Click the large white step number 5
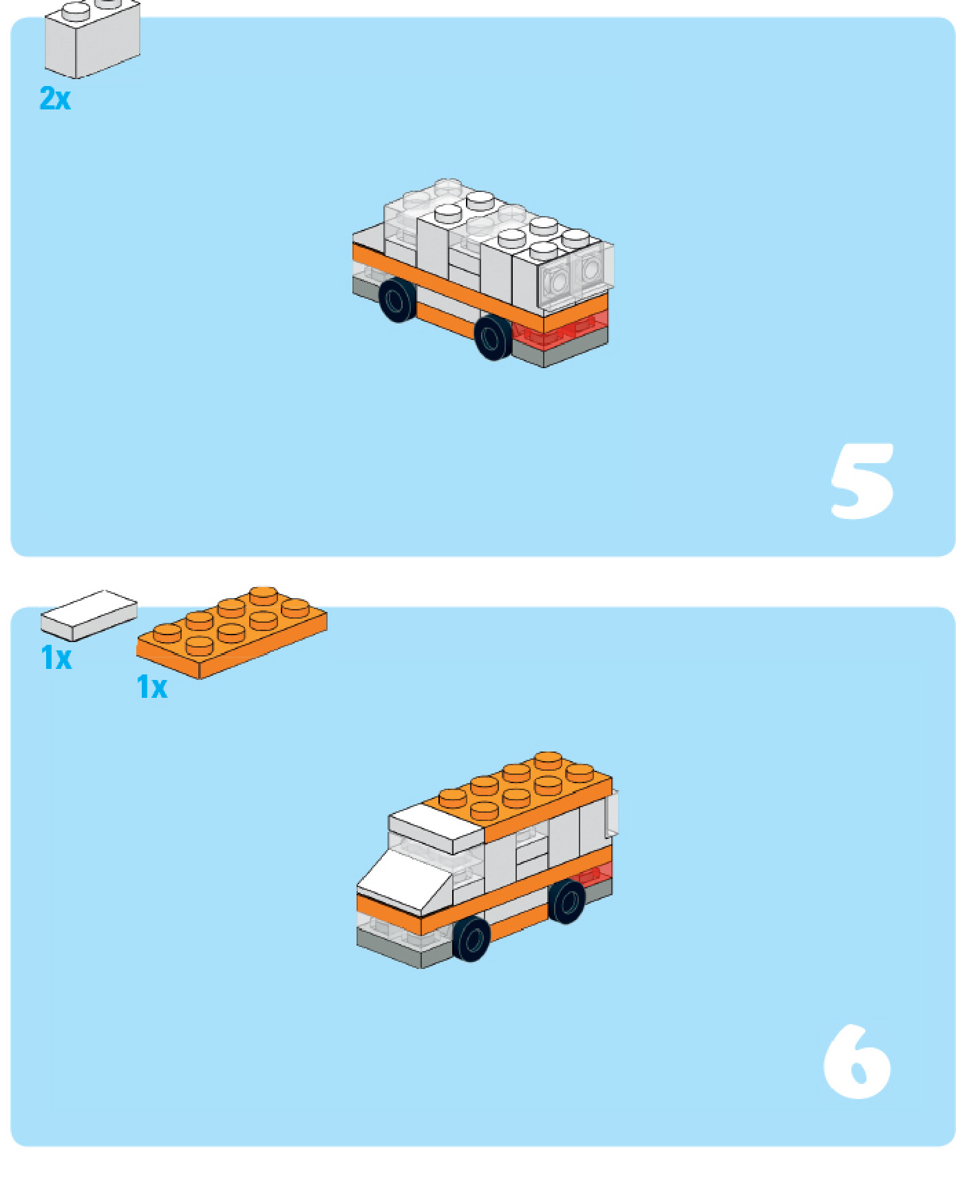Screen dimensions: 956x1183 point(862,481)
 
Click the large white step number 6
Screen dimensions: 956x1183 point(857,1061)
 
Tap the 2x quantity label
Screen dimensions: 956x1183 point(55,98)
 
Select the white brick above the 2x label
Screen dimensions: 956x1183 point(92,39)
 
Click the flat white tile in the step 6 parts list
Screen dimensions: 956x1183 point(89,615)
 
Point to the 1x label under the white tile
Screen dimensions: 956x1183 point(56,658)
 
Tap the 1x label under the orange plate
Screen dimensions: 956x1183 point(151,687)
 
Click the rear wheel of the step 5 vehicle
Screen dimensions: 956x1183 point(398,300)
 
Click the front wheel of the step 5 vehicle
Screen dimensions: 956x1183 point(493,337)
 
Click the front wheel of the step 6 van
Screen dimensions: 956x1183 point(471,939)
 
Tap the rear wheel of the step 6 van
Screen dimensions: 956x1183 point(566,901)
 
